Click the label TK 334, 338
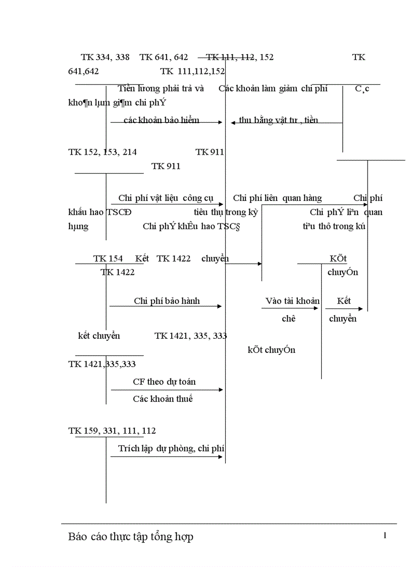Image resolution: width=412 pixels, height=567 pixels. coord(105,58)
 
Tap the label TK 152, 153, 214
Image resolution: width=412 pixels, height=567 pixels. coord(102,152)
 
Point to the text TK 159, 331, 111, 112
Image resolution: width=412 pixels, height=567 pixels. coord(112,431)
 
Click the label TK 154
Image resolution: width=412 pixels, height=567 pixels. coord(108,259)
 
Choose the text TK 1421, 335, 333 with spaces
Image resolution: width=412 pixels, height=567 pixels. coord(191,336)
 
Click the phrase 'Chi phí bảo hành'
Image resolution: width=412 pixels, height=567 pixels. coord(167,301)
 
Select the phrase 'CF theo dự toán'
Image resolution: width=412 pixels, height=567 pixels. coord(164,382)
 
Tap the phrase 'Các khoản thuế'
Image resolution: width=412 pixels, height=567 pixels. coord(163,399)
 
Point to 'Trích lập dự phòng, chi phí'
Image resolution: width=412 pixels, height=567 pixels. coord(171,448)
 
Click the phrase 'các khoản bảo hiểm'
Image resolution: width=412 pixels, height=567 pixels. coord(162,120)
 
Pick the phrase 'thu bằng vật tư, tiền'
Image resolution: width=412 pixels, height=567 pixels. coord(279,120)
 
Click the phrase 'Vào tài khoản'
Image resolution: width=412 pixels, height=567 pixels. coord(292,301)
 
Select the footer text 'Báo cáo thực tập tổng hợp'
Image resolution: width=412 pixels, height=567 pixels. coord(131,537)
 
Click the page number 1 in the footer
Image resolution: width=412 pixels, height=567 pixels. coord(385,536)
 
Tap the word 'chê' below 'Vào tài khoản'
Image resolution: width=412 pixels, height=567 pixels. coord(289,319)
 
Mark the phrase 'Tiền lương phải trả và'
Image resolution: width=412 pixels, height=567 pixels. coord(161,89)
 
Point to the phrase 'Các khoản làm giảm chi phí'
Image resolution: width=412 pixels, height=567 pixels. coord(273,89)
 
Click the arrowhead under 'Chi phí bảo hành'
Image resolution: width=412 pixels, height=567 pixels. coord(220,306)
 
